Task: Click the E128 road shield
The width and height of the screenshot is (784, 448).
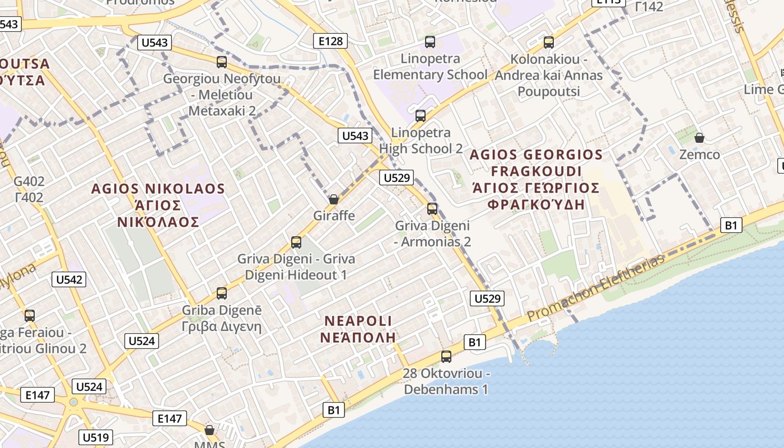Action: (x=330, y=40)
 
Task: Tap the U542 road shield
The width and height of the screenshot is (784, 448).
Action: (x=69, y=279)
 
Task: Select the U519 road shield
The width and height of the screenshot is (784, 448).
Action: (x=96, y=437)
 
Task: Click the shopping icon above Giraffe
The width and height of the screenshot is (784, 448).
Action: (x=334, y=199)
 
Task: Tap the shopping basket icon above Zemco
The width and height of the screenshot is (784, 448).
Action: (x=699, y=137)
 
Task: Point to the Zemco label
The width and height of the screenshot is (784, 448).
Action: (x=699, y=155)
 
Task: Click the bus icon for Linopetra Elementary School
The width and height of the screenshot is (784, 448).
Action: (x=430, y=42)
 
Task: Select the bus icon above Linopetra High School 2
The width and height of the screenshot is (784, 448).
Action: (x=421, y=116)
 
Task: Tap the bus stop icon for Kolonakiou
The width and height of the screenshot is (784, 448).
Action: (x=549, y=43)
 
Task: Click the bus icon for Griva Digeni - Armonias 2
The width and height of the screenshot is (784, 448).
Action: (x=432, y=209)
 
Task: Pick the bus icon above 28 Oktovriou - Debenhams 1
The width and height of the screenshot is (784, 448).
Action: (x=446, y=356)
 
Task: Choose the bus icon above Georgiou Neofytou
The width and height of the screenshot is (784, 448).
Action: (x=222, y=62)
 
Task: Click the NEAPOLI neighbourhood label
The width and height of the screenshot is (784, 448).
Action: (x=358, y=321)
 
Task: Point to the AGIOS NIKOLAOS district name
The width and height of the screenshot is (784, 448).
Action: (x=158, y=189)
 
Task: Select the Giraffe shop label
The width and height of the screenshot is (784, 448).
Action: (x=334, y=216)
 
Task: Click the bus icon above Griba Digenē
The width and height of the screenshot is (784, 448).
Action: (x=222, y=293)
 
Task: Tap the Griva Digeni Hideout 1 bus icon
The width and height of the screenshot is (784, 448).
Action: (x=296, y=242)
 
